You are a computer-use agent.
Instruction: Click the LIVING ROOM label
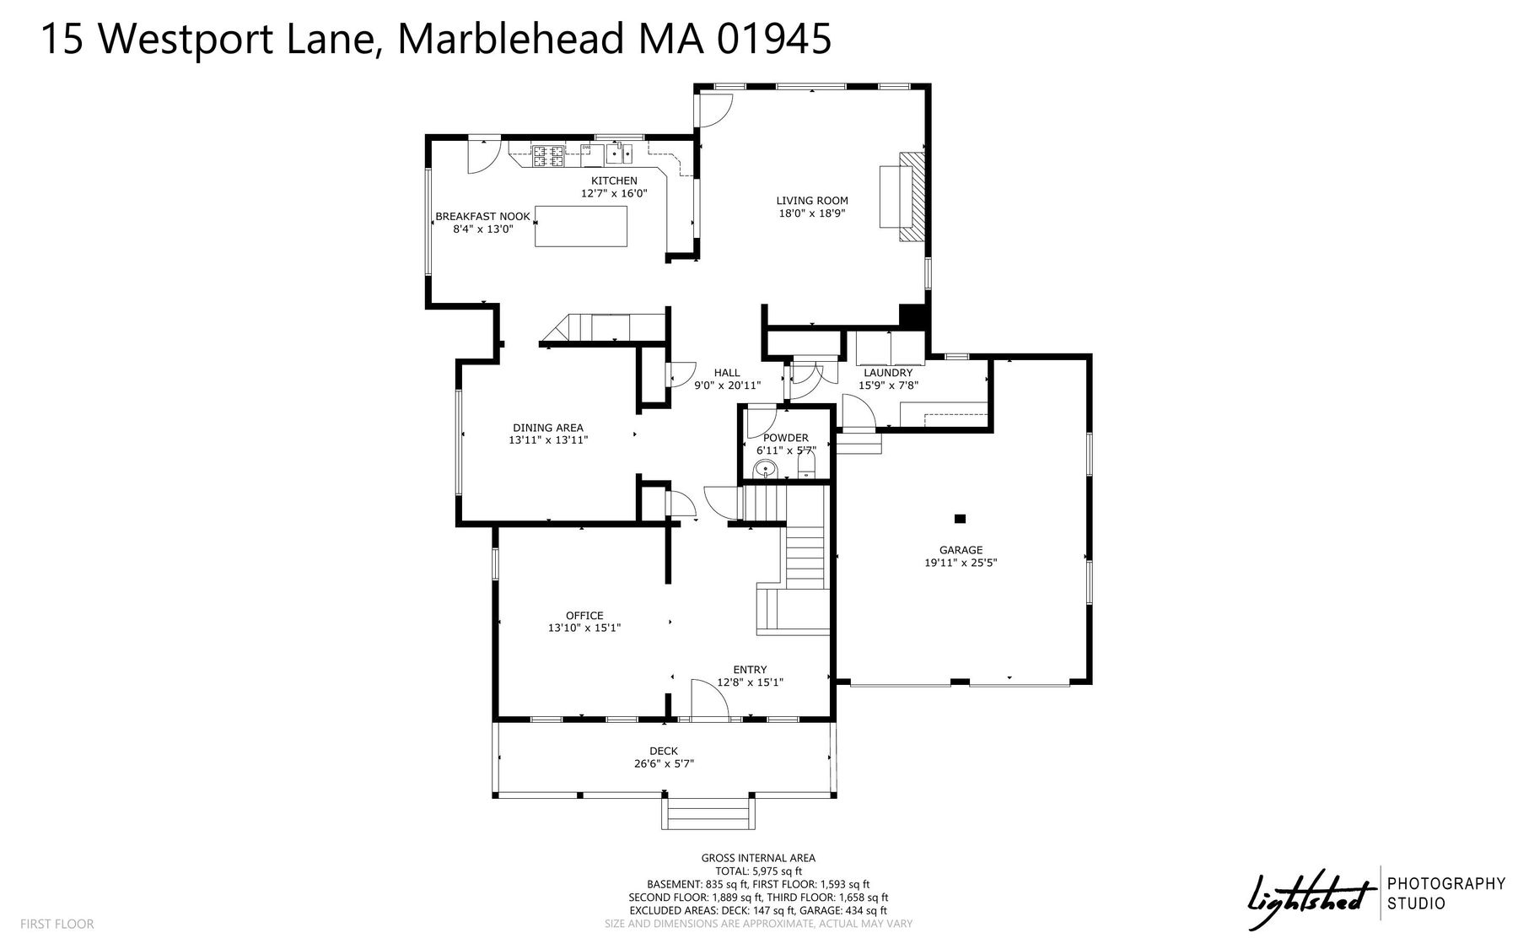pyautogui.click(x=812, y=201)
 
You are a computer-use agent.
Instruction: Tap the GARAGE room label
pyautogui.click(x=961, y=550)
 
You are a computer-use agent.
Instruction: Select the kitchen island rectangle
pyautogui.click(x=581, y=225)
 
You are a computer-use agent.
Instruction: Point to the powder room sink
pyautogui.click(x=767, y=470)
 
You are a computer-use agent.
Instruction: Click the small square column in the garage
pyautogui.click(x=960, y=519)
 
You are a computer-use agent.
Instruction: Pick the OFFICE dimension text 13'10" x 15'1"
pyautogui.click(x=584, y=628)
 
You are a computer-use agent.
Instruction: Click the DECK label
pyautogui.click(x=664, y=752)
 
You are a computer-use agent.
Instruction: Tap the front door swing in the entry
pyautogui.click(x=709, y=699)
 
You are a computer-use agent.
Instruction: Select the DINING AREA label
pyautogui.click(x=548, y=428)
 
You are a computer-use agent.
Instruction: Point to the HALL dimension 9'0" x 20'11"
pyautogui.click(x=727, y=386)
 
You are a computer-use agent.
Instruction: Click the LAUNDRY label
pyautogui.click(x=888, y=373)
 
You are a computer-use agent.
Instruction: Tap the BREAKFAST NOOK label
pyautogui.click(x=482, y=217)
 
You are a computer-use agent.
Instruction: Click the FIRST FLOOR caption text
pyautogui.click(x=57, y=924)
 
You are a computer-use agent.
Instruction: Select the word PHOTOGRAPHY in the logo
pyautogui.click(x=1446, y=884)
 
